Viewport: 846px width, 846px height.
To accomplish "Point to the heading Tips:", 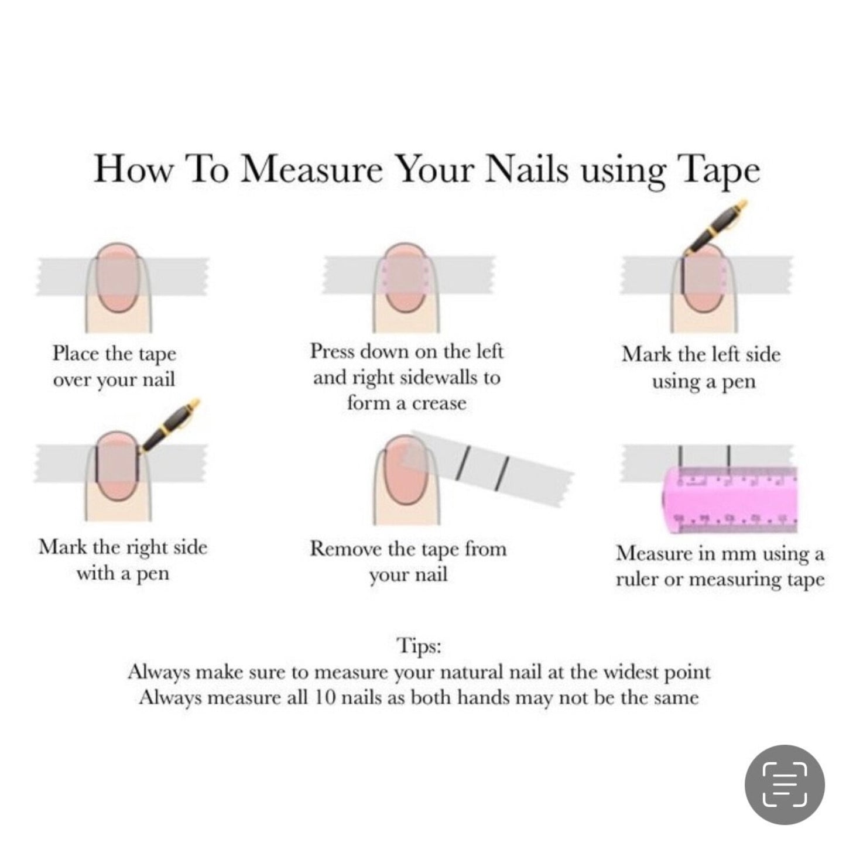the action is click(x=419, y=646).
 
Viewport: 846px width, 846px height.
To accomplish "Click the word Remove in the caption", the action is click(x=342, y=549).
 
